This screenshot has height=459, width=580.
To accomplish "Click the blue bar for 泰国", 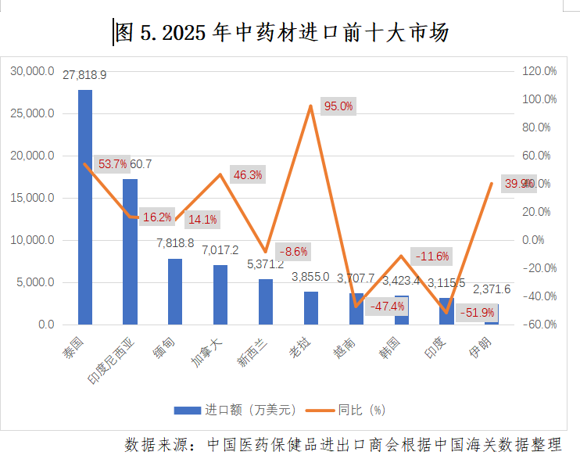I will point(85,206).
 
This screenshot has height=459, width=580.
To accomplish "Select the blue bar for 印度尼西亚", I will point(130,251).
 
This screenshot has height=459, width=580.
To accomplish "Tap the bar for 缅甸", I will point(175,291).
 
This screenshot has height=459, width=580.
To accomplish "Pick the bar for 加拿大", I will point(220,294).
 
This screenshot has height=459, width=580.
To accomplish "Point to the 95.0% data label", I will point(338,106).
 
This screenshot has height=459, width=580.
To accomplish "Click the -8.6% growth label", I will point(292,252).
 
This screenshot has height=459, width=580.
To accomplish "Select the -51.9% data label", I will point(478,313).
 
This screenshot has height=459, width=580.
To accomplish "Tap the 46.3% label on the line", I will point(248,174).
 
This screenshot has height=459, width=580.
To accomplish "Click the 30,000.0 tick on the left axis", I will point(33,71).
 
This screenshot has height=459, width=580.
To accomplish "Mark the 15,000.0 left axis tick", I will point(33,198).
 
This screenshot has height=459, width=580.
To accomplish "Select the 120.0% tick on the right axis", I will point(539,71).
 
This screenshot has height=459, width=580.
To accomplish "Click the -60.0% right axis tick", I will point(539,325).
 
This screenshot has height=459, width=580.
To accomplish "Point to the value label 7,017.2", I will point(220,250).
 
